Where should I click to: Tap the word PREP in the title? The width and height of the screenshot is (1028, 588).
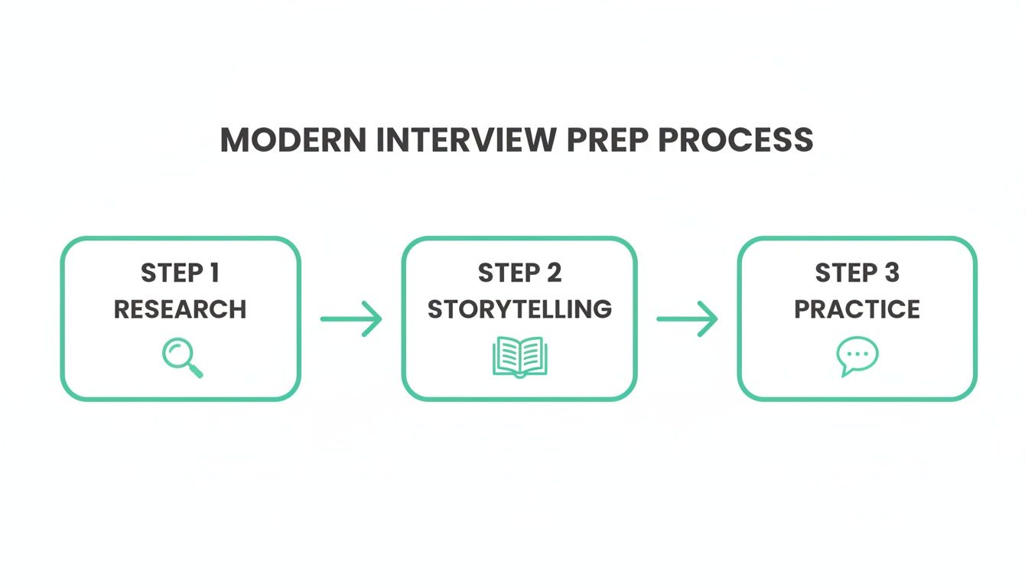click(610, 140)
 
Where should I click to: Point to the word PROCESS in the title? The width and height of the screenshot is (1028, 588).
click(739, 140)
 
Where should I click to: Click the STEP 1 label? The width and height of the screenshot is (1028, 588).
click(181, 273)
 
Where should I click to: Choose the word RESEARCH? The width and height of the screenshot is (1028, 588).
click(181, 309)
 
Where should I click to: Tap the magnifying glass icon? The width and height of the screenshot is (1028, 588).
click(181, 357)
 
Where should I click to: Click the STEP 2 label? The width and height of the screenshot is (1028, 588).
click(519, 273)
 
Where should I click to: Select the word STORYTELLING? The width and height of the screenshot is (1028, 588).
click(519, 309)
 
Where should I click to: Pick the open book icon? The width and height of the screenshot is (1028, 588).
click(519, 357)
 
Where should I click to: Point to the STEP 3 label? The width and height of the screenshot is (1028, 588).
click(856, 273)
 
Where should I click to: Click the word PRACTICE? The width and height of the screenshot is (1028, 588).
click(857, 309)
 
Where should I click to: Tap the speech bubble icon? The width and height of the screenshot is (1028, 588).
click(857, 357)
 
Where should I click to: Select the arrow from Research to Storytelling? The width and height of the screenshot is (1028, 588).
click(351, 318)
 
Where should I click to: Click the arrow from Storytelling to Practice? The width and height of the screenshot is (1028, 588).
click(687, 318)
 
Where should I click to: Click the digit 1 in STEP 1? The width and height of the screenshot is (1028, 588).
click(215, 273)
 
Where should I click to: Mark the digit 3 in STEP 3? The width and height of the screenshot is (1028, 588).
click(891, 273)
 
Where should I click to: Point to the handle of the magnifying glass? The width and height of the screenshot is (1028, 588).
click(195, 371)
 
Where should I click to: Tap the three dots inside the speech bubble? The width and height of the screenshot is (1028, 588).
click(857, 354)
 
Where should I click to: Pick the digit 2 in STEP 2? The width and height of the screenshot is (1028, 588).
click(554, 273)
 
